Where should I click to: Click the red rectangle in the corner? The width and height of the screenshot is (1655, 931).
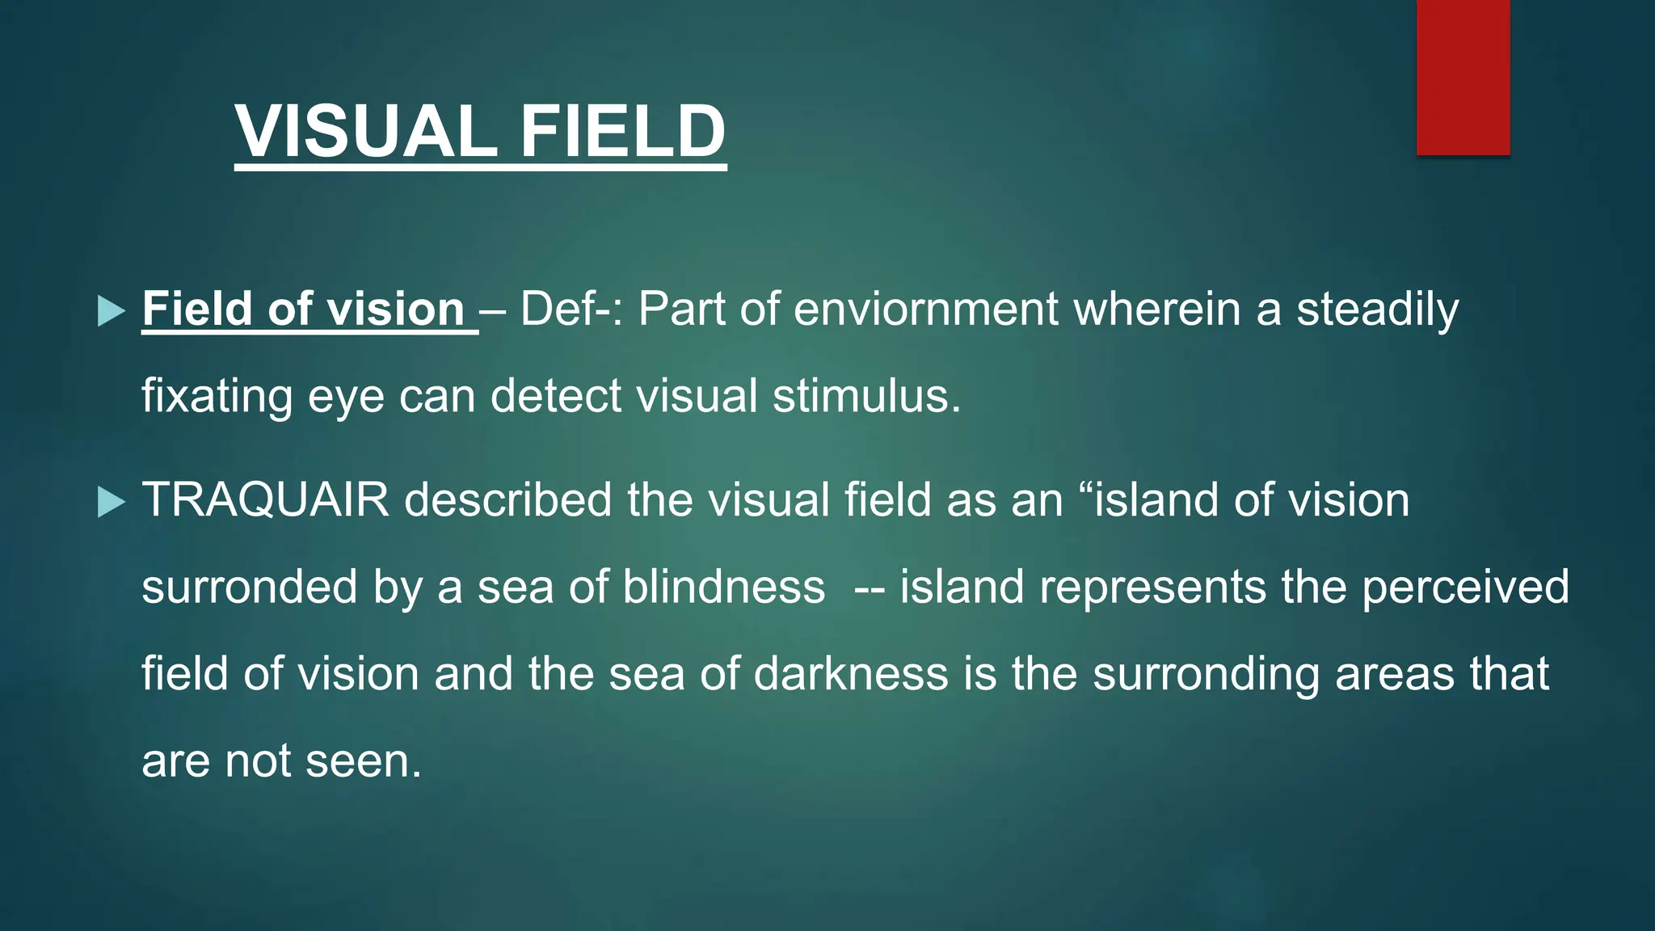click(x=1463, y=77)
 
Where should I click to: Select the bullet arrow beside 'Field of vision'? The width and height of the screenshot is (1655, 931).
click(x=111, y=311)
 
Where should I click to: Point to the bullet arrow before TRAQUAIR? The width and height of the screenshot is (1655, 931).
click(x=111, y=502)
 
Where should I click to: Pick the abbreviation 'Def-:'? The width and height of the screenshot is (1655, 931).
click(x=571, y=310)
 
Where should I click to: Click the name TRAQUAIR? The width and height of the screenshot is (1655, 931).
click(x=266, y=500)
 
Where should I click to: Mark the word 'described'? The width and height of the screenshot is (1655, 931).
click(x=508, y=500)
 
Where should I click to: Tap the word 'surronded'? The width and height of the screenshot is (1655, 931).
click(x=250, y=588)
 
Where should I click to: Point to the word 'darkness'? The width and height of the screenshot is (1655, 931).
click(x=851, y=675)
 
